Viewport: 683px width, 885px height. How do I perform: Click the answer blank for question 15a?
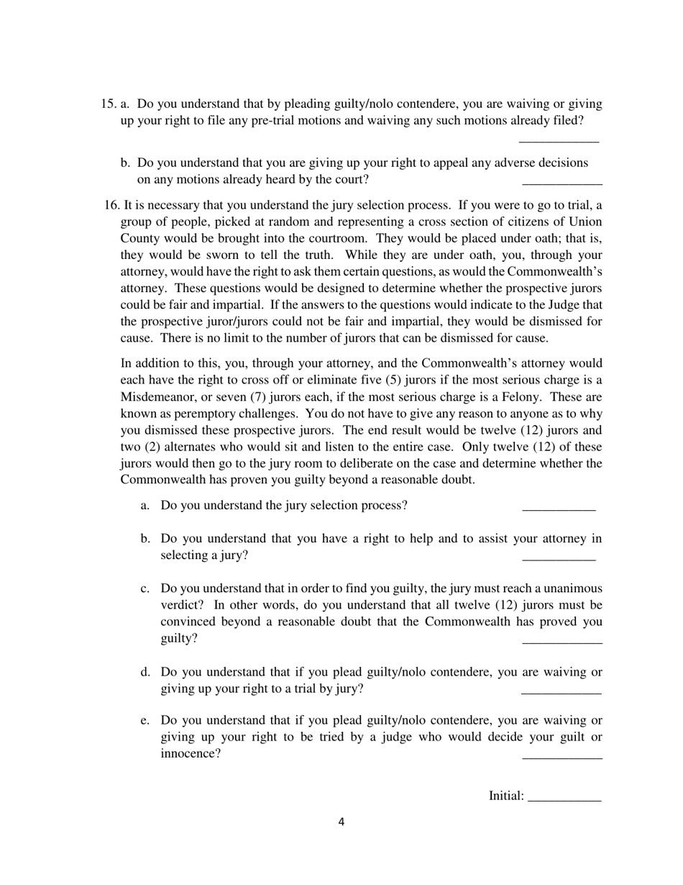click(559, 140)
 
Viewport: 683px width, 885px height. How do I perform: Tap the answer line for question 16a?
click(559, 509)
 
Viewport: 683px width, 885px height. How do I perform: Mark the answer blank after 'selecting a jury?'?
click(559, 558)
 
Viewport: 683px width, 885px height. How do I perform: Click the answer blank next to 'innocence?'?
click(561, 757)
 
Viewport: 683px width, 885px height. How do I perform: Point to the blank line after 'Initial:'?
click(564, 799)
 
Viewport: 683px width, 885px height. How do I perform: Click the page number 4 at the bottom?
click(341, 822)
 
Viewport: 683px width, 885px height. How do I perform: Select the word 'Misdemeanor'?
click(156, 397)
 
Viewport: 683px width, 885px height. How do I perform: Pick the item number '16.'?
click(112, 205)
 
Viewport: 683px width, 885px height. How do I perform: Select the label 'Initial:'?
click(506, 796)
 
